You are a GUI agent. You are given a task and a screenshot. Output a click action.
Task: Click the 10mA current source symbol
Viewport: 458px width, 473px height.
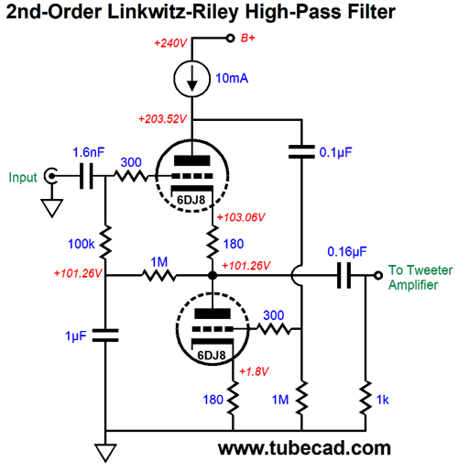[x=191, y=79]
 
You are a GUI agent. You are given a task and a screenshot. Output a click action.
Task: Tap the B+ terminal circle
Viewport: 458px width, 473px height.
[x=230, y=38]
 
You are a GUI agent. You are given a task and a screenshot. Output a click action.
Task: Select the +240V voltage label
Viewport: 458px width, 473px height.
[x=170, y=43]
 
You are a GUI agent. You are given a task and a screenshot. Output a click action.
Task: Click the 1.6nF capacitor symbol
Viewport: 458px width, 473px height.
[x=86, y=176]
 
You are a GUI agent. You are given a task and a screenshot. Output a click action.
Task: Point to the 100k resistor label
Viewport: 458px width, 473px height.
[x=82, y=244]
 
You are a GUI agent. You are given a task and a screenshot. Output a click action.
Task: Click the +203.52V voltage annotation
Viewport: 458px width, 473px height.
[x=162, y=118]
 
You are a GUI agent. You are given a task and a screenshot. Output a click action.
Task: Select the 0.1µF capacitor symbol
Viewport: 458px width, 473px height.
[x=301, y=152]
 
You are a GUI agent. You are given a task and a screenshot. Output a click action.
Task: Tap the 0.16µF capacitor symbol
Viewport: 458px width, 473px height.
[x=344, y=275]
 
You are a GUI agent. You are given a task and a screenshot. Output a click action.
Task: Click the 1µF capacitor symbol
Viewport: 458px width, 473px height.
[x=105, y=335]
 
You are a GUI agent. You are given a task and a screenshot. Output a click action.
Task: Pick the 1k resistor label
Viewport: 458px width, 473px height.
[x=382, y=400]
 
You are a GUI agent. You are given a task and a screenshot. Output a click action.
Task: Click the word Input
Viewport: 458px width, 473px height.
[x=23, y=178]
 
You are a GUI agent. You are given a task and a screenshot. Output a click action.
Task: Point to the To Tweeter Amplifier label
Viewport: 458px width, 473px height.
[x=420, y=278]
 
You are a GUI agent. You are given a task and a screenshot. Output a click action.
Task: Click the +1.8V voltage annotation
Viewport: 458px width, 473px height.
[x=254, y=371]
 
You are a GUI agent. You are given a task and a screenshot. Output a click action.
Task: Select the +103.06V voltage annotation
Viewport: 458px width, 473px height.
[x=241, y=217]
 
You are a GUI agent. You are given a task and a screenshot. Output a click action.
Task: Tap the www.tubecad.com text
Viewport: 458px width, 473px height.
[x=304, y=448]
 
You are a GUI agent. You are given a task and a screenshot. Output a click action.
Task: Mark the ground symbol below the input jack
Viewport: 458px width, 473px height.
[x=52, y=208]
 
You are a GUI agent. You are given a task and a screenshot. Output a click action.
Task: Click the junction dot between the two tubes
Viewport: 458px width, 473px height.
[x=213, y=275]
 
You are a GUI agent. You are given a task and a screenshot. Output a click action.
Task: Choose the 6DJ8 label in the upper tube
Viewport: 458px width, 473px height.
[x=191, y=200]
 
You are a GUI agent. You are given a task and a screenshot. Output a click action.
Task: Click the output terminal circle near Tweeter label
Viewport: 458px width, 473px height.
[x=378, y=275]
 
